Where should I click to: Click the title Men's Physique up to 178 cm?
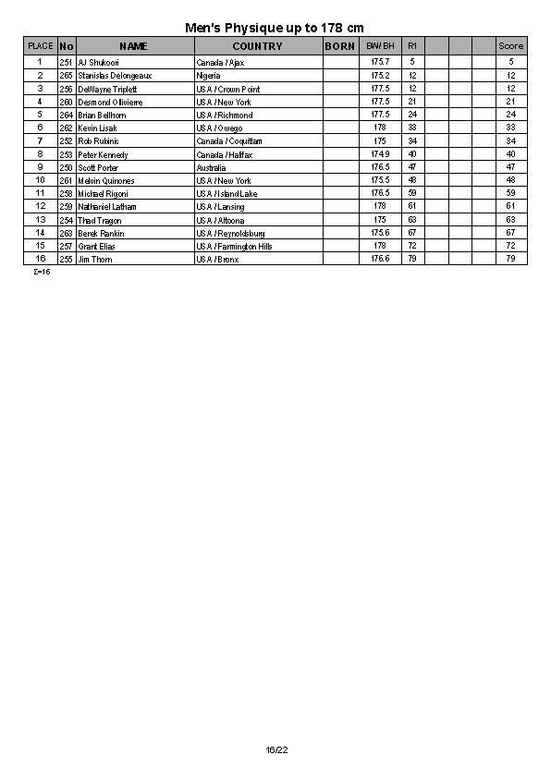pyautogui.click(x=275, y=29)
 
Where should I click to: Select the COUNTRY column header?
pyautogui.click(x=257, y=45)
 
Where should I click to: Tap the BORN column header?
pyautogui.click(x=339, y=45)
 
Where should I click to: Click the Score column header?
pyautogui.click(x=510, y=45)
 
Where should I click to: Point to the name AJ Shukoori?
pyautogui.click(x=98, y=62)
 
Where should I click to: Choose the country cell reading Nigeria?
pyautogui.click(x=209, y=75)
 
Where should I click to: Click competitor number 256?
pyautogui.click(x=66, y=89)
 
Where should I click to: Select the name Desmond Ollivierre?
pyautogui.click(x=110, y=102)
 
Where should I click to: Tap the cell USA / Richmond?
pyautogui.click(x=224, y=115)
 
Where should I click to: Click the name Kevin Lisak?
pyautogui.click(x=97, y=128)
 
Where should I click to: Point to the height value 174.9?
pyautogui.click(x=380, y=154)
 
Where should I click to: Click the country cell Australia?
pyautogui.click(x=211, y=167)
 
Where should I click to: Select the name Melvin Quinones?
pyautogui.click(x=105, y=180)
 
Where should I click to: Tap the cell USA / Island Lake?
pyautogui.click(x=227, y=193)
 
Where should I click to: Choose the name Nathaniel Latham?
pyautogui.click(x=107, y=207)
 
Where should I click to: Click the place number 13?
pyautogui.click(x=40, y=220)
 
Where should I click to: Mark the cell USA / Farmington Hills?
pyautogui.click(x=234, y=246)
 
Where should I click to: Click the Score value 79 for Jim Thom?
pyautogui.click(x=510, y=259)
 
